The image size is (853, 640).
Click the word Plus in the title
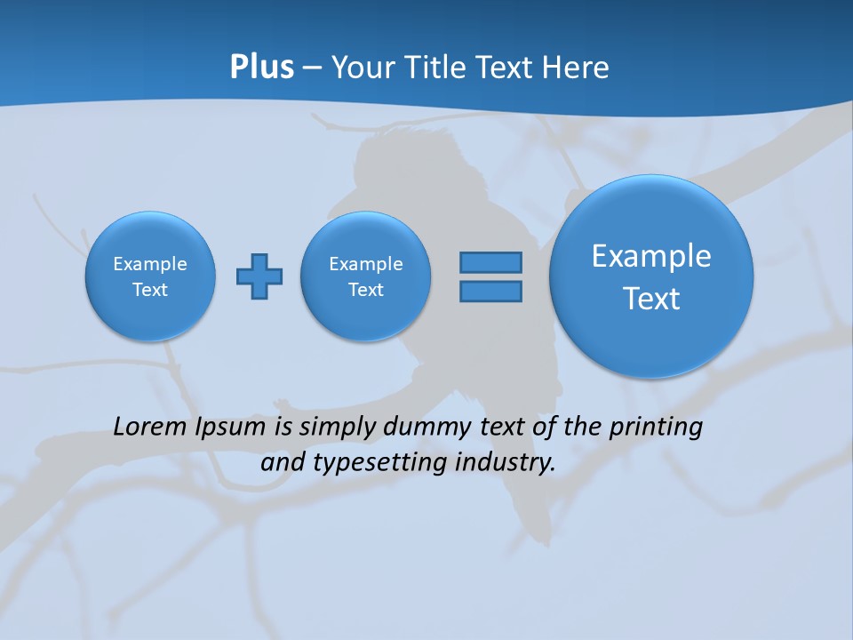(x=261, y=68)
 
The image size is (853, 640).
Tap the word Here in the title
(x=578, y=68)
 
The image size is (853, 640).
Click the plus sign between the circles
(x=259, y=276)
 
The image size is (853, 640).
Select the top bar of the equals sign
(x=490, y=262)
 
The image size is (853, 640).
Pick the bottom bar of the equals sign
(x=490, y=292)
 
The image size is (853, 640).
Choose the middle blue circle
(x=365, y=316)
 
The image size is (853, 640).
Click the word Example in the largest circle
(x=651, y=256)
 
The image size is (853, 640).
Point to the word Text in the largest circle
(x=651, y=299)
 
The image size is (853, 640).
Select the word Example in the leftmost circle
(x=150, y=264)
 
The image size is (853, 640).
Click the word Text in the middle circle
(x=365, y=290)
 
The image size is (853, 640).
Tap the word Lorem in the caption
(x=150, y=427)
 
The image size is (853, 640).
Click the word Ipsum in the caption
(x=231, y=427)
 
